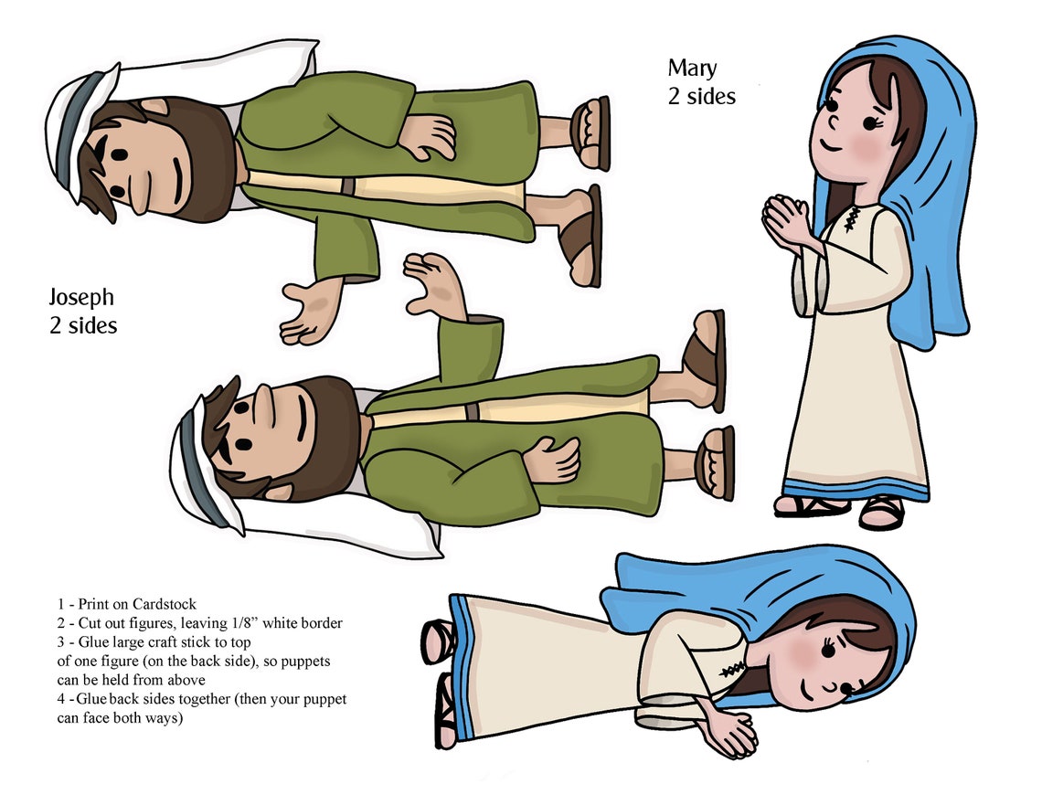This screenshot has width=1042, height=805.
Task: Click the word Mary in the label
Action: tap(692, 69)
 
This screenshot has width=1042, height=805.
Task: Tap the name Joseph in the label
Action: tap(81, 297)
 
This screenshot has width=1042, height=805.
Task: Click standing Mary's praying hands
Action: tap(784, 220)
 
